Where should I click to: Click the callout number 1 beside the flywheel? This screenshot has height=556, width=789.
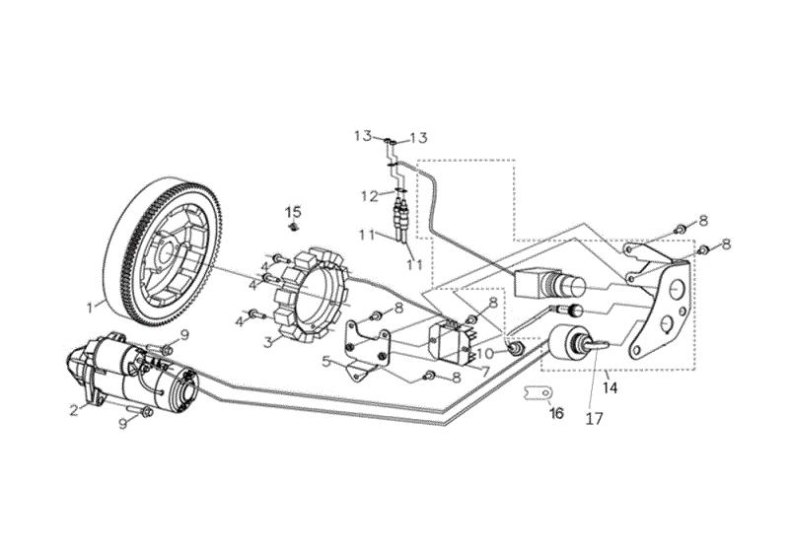(90, 307)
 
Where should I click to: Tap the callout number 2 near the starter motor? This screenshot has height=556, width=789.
(75, 410)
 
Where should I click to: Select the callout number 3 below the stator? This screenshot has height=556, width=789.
(268, 342)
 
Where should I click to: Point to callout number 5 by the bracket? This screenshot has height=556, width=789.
(326, 361)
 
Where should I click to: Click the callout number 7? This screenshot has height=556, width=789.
(485, 373)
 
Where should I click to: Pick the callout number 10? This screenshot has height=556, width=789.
(485, 353)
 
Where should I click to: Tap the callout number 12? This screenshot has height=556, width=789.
(370, 196)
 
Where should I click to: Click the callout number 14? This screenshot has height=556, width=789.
(610, 388)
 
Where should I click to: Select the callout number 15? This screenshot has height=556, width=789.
(293, 211)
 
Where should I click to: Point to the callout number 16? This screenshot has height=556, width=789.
(556, 413)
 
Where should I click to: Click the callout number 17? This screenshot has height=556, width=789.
(595, 419)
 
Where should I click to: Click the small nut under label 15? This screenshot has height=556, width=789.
(293, 228)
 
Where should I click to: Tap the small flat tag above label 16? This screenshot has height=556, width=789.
(538, 391)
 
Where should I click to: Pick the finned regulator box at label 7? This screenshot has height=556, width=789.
(452, 342)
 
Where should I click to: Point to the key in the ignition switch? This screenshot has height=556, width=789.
(598, 345)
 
